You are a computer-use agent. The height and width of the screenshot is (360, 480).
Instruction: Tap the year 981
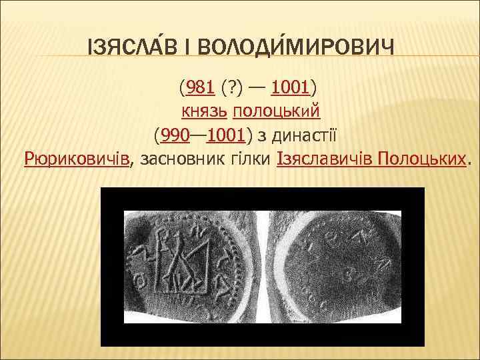(199, 87)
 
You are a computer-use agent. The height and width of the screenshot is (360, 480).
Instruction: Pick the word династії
(303, 136)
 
